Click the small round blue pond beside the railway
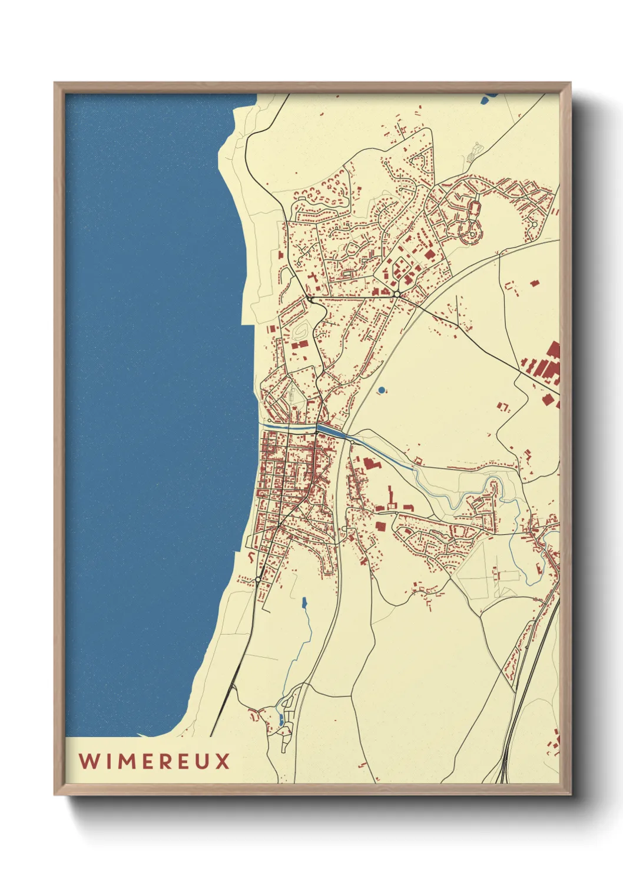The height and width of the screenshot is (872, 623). [382, 390]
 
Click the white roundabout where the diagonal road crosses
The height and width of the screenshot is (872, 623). [397, 293]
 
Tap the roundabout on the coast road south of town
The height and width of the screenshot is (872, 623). [258, 580]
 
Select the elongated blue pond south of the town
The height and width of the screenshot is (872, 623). [304, 603]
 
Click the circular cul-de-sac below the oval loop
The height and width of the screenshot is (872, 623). [472, 234]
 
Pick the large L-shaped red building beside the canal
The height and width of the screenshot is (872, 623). [371, 464]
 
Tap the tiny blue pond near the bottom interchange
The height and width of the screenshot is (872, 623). [281, 719]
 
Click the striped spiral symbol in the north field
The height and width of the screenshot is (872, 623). [472, 154]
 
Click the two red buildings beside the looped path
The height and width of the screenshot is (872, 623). [300, 345]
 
